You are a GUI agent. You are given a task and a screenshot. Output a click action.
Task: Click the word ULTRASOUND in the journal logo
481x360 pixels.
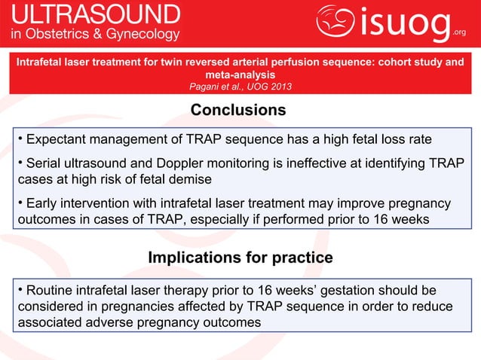pyautogui.click(x=95, y=15)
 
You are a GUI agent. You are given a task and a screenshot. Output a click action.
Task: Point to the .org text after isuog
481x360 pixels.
pyautogui.click(x=460, y=32)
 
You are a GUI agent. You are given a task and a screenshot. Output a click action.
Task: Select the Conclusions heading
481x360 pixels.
pyautogui.click(x=237, y=111)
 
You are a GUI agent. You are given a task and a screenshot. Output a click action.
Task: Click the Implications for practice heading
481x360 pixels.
pyautogui.click(x=240, y=258)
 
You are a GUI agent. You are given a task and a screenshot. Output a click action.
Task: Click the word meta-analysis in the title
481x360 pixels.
pyautogui.click(x=239, y=75)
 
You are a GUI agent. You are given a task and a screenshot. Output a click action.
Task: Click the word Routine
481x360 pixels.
pyautogui.click(x=51, y=291)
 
